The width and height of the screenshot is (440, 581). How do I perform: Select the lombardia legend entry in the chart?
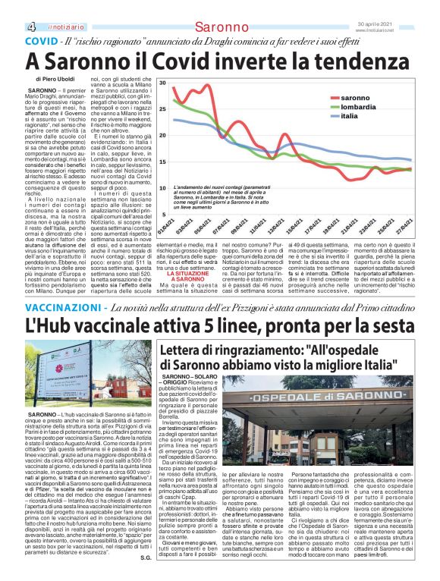click(359, 108)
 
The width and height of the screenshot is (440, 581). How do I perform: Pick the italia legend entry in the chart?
click(350, 117)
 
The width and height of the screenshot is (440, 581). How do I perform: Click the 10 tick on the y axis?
click(162, 187)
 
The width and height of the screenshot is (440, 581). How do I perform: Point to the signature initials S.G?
click(145, 560)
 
